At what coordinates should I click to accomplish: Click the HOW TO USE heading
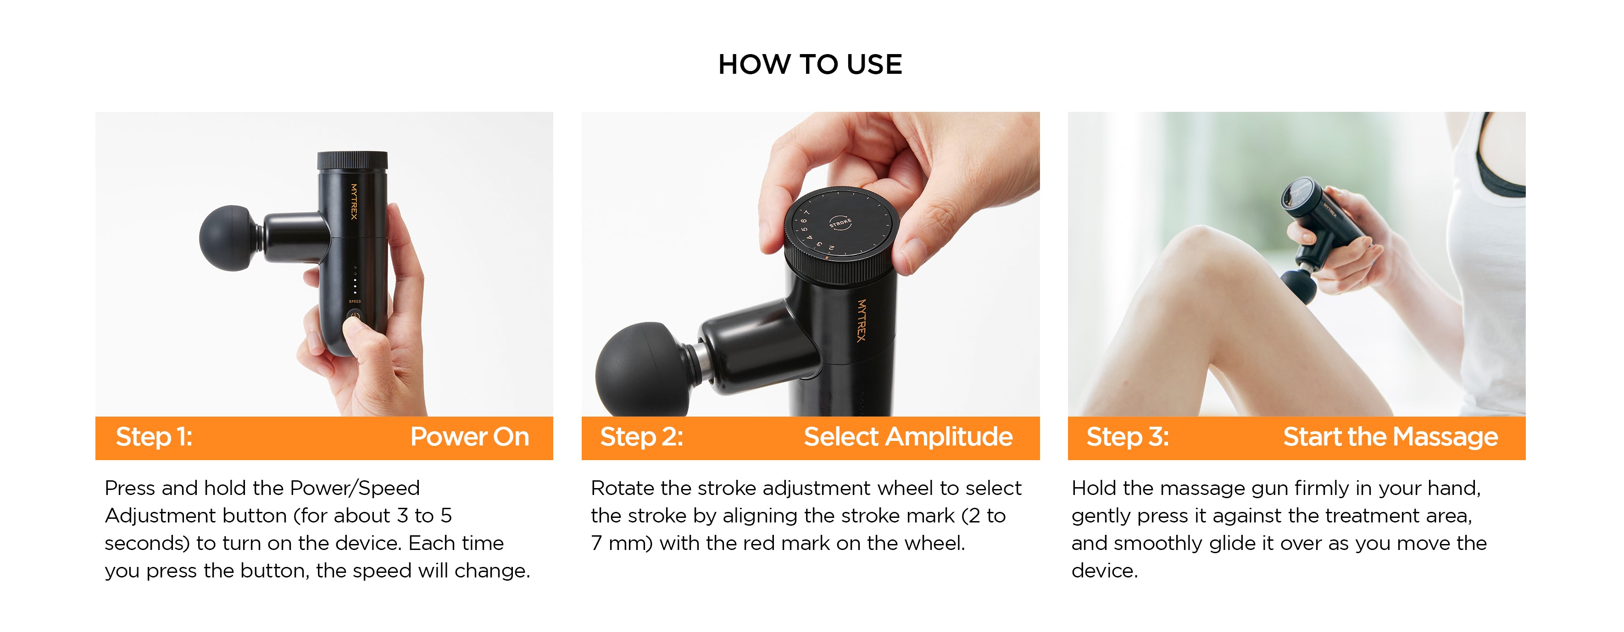tap(810, 64)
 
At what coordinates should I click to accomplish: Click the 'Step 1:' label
tap(154, 437)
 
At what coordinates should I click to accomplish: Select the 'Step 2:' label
tap(642, 437)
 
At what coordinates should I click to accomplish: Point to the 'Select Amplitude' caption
tap(908, 437)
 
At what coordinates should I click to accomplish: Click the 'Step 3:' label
tap(1128, 437)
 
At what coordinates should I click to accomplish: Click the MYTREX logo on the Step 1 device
tap(354, 201)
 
